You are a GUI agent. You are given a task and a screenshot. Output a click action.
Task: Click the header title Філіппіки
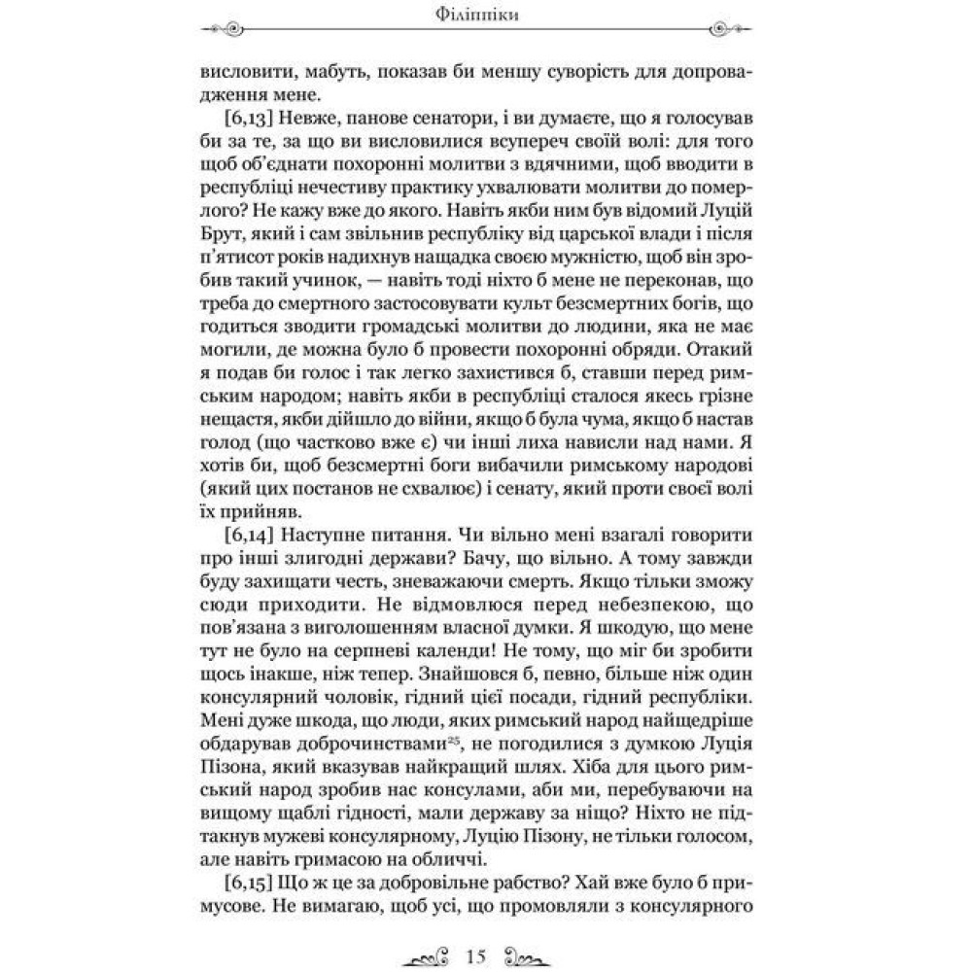coord(485,17)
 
